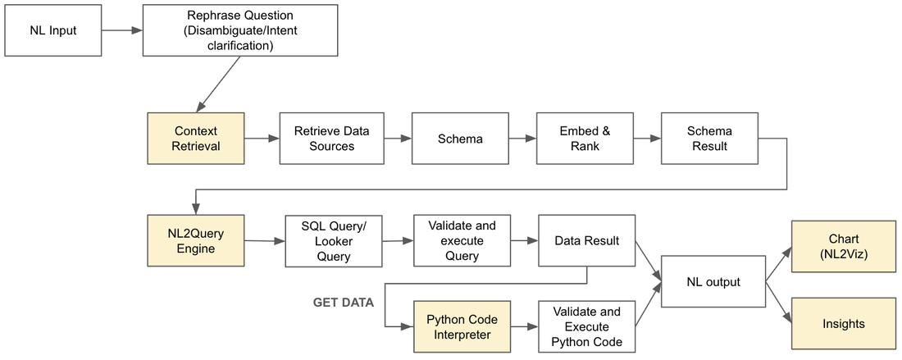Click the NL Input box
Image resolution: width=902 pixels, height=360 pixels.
tap(53, 30)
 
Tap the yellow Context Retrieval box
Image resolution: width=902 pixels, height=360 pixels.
tap(196, 138)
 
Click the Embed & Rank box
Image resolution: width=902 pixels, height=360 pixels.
tap(585, 138)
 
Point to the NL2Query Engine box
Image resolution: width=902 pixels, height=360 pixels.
tap(196, 240)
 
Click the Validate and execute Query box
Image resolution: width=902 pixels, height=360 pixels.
tap(462, 240)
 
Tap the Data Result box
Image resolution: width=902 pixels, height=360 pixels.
tap(587, 240)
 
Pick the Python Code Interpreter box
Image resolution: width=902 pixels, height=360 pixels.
tap(462, 326)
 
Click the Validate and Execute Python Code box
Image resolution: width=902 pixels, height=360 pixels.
tap(587, 326)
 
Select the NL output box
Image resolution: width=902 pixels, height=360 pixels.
tap(713, 282)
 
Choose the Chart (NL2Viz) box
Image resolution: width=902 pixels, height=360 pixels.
tap(844, 245)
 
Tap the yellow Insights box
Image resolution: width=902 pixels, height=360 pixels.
tap(844, 323)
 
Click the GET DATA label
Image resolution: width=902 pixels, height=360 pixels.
tap(344, 303)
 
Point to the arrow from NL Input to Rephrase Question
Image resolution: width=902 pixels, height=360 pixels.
tap(122, 30)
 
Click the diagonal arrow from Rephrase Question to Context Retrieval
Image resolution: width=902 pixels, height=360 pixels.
tap(219, 84)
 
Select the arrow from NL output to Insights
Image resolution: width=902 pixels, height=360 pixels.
tap(778, 301)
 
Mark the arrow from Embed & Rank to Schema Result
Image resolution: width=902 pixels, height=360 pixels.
tap(648, 138)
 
